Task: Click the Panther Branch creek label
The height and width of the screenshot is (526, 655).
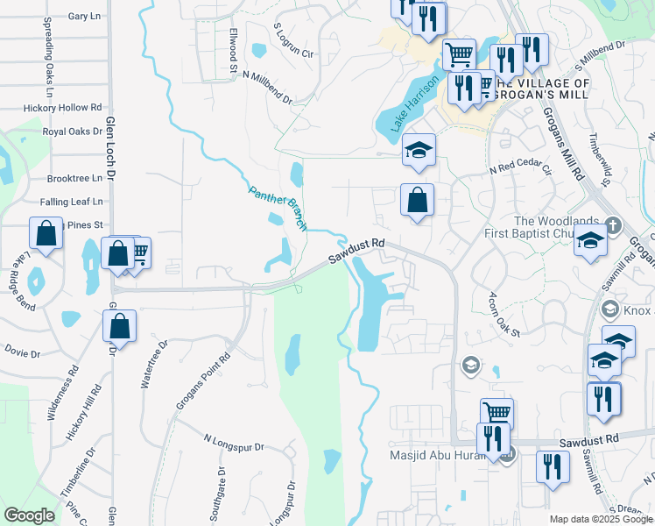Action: (x=278, y=208)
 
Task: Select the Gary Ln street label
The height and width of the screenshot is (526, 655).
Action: (x=83, y=17)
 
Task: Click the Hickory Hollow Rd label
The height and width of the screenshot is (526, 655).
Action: (x=57, y=107)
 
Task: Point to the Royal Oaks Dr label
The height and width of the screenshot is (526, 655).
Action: (x=73, y=131)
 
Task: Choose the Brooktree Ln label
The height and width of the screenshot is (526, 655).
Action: (x=75, y=176)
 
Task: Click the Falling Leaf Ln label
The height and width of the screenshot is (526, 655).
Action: (x=71, y=201)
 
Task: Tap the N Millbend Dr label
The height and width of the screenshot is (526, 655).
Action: (x=267, y=88)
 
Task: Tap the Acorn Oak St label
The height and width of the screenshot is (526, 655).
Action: (x=505, y=315)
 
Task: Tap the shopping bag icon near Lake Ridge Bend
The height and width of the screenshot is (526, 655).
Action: (x=46, y=233)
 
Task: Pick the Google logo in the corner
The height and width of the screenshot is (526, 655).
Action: (x=29, y=515)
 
